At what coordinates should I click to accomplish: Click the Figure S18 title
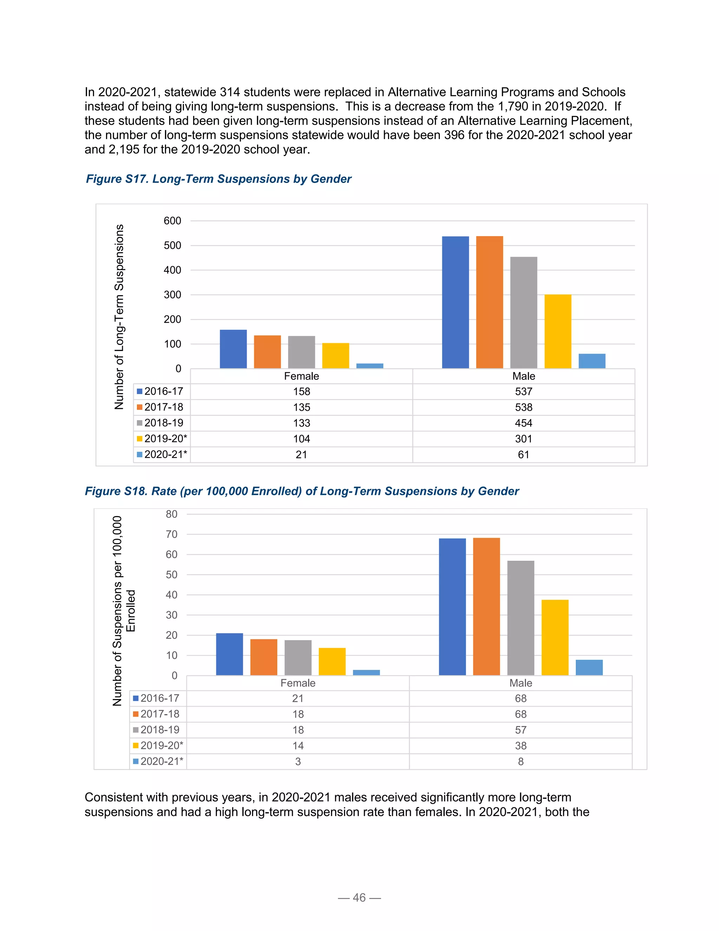click(x=302, y=491)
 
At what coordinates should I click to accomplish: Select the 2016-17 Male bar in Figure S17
click(x=455, y=302)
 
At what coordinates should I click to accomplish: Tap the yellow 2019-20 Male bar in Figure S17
click(x=558, y=331)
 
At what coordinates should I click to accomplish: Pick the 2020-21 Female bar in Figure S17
click(x=370, y=366)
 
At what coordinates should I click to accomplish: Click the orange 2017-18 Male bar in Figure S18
click(x=487, y=607)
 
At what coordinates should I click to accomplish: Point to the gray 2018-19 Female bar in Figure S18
click(x=298, y=657)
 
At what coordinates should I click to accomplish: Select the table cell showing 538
click(x=523, y=407)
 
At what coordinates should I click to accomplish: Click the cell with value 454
click(x=523, y=423)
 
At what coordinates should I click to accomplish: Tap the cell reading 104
click(x=302, y=439)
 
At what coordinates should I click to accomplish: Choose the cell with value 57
click(x=521, y=730)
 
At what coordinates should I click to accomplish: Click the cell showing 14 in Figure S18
click(x=298, y=746)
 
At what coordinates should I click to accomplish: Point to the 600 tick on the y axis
click(x=172, y=221)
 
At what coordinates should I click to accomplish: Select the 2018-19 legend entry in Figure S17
click(x=160, y=423)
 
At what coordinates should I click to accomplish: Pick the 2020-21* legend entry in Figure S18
click(x=158, y=761)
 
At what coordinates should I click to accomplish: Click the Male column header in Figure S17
click(x=523, y=376)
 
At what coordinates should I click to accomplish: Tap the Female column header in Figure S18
click(x=298, y=683)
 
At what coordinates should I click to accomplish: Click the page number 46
click(x=359, y=898)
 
